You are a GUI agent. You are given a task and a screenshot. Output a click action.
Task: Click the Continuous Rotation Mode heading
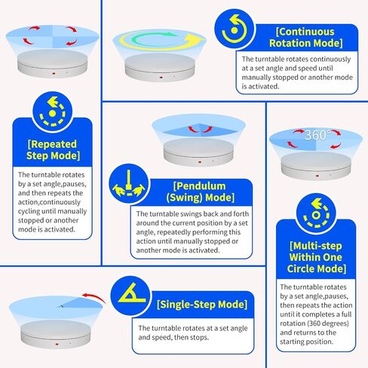[305, 38]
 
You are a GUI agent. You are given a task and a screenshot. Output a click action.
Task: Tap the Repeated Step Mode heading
[53, 150]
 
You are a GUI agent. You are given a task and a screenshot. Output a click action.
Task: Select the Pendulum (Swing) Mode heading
[201, 192]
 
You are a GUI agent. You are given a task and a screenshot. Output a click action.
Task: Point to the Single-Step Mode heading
[202, 305]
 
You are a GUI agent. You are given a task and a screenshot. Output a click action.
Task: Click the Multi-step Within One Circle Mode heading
[316, 257]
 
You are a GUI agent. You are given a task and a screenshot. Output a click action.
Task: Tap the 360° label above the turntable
[316, 135]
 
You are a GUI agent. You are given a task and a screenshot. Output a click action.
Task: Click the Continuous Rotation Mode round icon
[235, 29]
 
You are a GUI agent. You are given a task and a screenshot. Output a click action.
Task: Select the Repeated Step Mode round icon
[52, 112]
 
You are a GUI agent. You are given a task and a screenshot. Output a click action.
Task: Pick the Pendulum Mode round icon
[129, 184]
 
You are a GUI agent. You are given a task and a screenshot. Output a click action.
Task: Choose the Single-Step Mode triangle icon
[130, 296]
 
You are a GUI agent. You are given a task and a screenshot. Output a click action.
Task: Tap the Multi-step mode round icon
[316, 213]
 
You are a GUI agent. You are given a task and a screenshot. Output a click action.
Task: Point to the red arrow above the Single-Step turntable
[94, 297]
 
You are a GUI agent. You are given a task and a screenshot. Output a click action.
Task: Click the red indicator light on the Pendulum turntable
[200, 162]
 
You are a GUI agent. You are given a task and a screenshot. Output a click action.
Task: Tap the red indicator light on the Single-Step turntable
[57, 344]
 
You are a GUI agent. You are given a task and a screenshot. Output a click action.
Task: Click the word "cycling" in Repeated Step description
[29, 212]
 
